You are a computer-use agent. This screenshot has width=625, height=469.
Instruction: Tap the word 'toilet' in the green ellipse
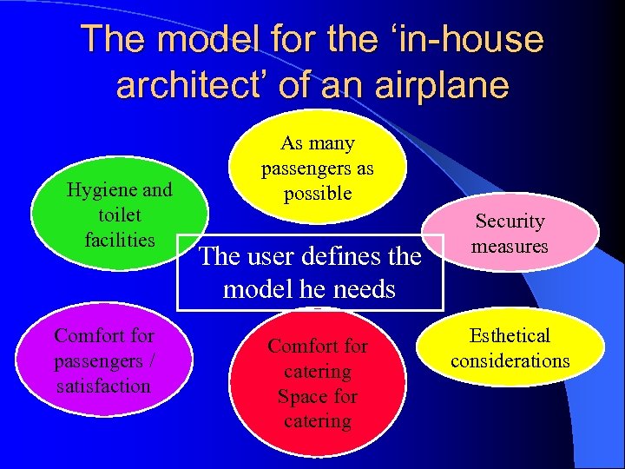click(x=120, y=214)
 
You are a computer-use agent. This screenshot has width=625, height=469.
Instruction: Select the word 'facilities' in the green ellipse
click(x=120, y=239)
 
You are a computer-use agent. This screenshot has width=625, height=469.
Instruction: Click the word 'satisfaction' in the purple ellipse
click(x=102, y=385)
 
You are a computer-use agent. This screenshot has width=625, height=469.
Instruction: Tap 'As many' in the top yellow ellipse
click(x=318, y=142)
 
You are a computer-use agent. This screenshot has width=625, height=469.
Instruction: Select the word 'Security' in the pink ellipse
click(x=510, y=221)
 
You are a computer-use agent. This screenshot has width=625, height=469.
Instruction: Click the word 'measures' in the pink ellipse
click(x=510, y=246)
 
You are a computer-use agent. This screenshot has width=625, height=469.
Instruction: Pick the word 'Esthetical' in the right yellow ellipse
click(x=510, y=335)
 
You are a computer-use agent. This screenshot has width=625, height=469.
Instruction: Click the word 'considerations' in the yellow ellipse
click(x=510, y=360)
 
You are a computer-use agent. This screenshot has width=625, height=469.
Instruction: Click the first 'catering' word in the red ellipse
click(x=318, y=371)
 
